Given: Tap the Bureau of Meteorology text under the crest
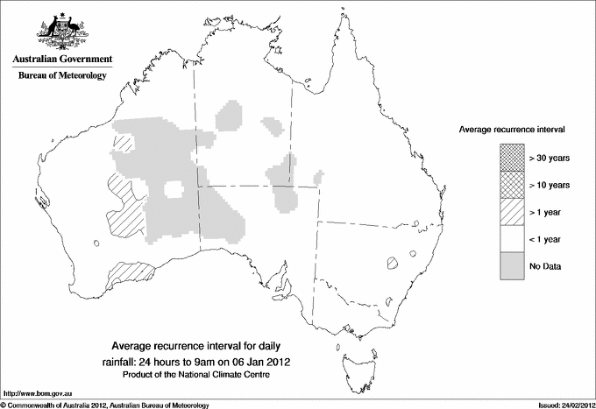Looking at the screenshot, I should tap(62, 76).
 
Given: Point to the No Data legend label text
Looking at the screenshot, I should tap(545, 266).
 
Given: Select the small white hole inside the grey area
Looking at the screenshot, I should tap(174, 189).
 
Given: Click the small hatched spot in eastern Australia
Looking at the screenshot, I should tap(394, 261).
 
